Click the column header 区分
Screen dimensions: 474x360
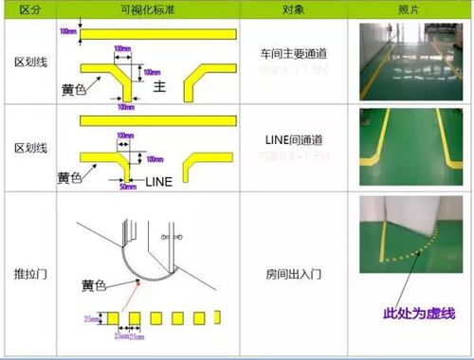(x=29, y=9)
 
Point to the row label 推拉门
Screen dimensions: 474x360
(x=29, y=273)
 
